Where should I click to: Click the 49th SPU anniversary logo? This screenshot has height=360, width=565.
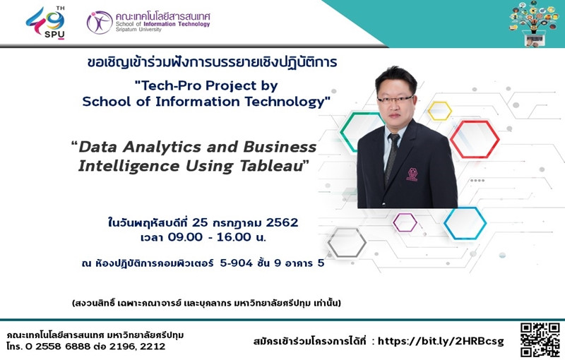coord(46,23)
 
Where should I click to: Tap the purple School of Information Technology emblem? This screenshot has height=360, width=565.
coord(100,23)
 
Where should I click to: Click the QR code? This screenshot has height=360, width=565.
coord(540,340)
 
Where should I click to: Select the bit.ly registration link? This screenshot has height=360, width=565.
coord(440,341)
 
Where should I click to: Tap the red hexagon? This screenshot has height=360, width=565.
coord(475,139)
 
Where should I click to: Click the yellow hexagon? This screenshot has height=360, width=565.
coord(439,111)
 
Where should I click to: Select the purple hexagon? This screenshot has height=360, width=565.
coord(405,222)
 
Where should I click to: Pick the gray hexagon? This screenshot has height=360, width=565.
coord(347,243)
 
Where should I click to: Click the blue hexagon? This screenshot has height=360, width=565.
coord(465,223)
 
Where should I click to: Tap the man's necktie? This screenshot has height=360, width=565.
coord(392,157)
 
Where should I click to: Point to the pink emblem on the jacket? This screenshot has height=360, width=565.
coord(412,174)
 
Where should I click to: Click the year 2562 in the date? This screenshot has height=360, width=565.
coord(282,222)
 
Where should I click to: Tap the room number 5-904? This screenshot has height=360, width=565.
coord(237,263)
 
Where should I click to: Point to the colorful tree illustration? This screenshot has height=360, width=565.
coord(534,23)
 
